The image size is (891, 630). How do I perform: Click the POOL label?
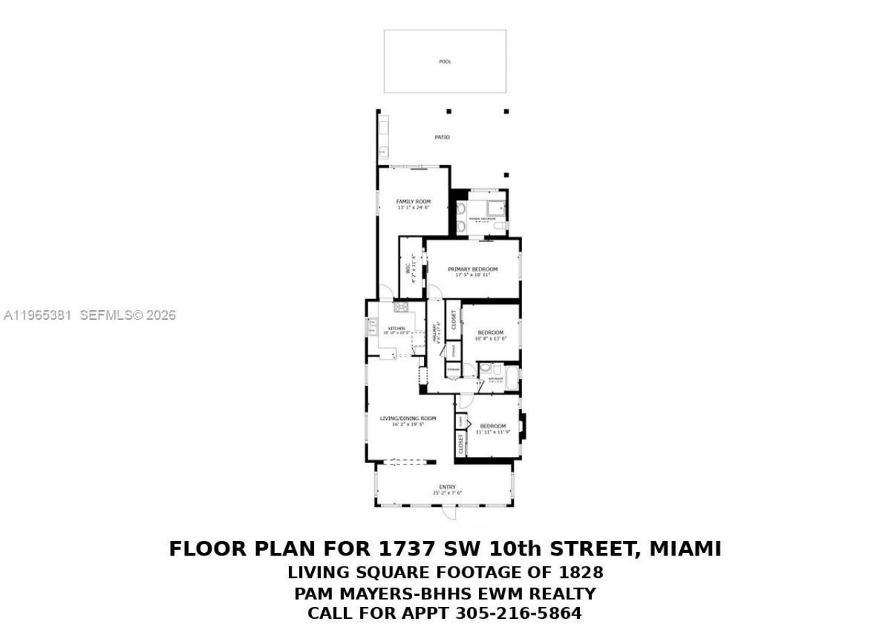(445, 62)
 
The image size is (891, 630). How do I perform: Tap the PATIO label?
(442, 138)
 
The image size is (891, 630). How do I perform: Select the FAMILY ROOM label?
(413, 202)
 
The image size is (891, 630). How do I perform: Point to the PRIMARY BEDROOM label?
(473, 269)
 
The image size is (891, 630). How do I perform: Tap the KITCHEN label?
(396, 328)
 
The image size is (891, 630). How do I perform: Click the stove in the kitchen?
(401, 307)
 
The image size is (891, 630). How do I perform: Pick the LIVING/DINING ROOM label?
(408, 418)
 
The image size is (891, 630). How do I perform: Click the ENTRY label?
(447, 487)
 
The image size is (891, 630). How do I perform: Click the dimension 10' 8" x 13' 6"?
(490, 339)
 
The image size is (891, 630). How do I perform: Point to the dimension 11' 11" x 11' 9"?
(493, 432)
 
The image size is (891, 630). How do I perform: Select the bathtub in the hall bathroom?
(512, 380)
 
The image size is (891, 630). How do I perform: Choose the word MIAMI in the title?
(685, 549)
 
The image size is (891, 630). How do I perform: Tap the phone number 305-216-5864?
(518, 614)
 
